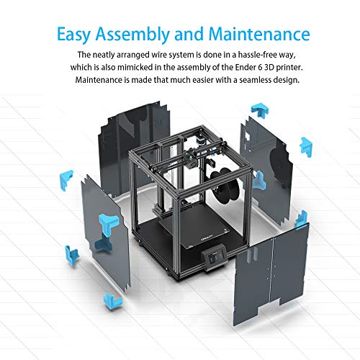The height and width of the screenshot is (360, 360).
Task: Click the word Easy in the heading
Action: (73, 35)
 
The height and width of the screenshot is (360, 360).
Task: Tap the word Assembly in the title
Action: (132, 35)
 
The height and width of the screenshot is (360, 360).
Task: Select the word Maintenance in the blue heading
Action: (259, 34)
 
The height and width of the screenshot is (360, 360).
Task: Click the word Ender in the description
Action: (246, 67)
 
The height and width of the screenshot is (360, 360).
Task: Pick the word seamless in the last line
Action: (255, 80)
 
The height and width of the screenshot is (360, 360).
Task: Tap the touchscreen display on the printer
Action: (215, 259)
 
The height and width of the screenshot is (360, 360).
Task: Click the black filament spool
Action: (225, 185)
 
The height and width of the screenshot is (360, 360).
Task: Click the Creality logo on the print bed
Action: (207, 238)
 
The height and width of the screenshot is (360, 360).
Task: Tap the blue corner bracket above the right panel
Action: (260, 111)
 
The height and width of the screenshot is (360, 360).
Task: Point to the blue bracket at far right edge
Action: (306, 147)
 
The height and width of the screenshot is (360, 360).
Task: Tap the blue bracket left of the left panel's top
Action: (66, 179)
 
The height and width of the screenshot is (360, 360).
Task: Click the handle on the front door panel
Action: (252, 255)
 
